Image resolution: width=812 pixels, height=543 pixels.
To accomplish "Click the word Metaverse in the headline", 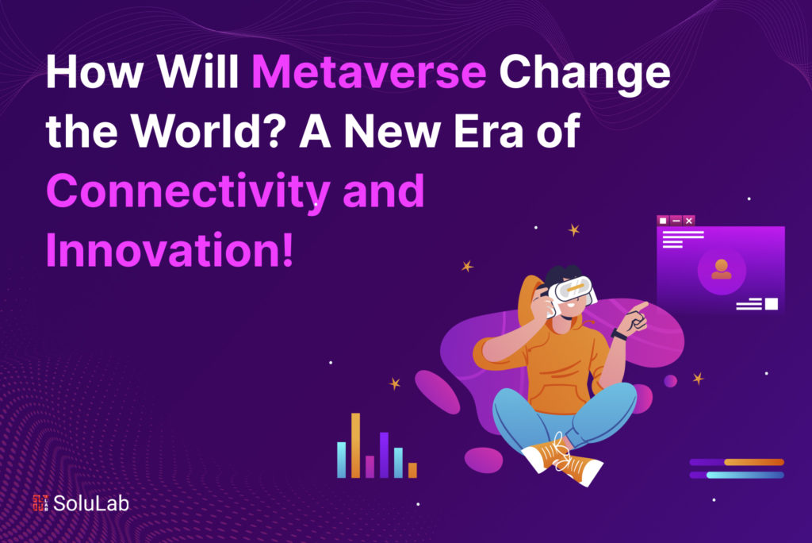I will (x=369, y=75).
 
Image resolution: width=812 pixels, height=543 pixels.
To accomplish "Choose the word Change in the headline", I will (x=584, y=75).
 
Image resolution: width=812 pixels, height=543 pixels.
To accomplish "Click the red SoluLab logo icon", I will (x=41, y=503).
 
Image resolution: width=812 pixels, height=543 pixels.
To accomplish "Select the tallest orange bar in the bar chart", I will (x=356, y=445).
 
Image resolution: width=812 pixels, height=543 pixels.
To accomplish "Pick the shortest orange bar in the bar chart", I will (x=412, y=470).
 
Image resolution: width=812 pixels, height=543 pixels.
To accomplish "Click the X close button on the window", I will (x=689, y=220).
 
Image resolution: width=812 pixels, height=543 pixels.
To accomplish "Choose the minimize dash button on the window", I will (x=676, y=220).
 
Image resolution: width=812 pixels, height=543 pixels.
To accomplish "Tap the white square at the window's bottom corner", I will (x=772, y=304).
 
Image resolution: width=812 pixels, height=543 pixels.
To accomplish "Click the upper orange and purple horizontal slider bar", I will (x=737, y=462).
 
